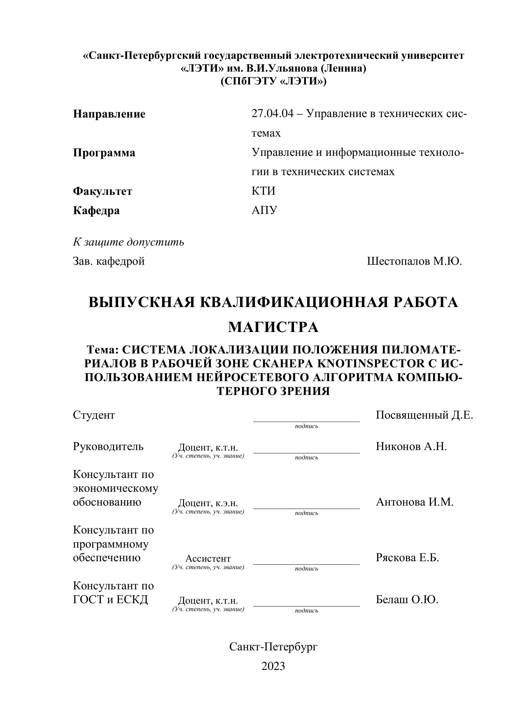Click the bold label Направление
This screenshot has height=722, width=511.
point(109,114)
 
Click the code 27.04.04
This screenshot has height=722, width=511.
point(273,113)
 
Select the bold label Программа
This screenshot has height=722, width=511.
point(104,153)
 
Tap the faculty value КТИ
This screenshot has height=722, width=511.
point(263,191)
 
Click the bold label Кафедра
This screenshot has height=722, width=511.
point(96,210)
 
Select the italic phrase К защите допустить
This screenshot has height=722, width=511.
point(128,242)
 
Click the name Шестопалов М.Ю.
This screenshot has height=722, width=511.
point(414,261)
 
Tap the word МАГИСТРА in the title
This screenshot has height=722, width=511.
point(273,327)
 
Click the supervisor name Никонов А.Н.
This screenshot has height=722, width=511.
point(411,446)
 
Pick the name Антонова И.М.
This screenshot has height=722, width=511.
point(414,502)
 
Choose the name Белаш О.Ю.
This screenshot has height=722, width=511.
point(407,600)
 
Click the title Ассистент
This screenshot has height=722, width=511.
point(208,558)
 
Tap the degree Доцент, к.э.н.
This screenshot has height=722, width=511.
point(208,503)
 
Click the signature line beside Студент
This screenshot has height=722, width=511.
point(306,421)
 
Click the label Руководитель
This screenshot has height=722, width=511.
point(108,446)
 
